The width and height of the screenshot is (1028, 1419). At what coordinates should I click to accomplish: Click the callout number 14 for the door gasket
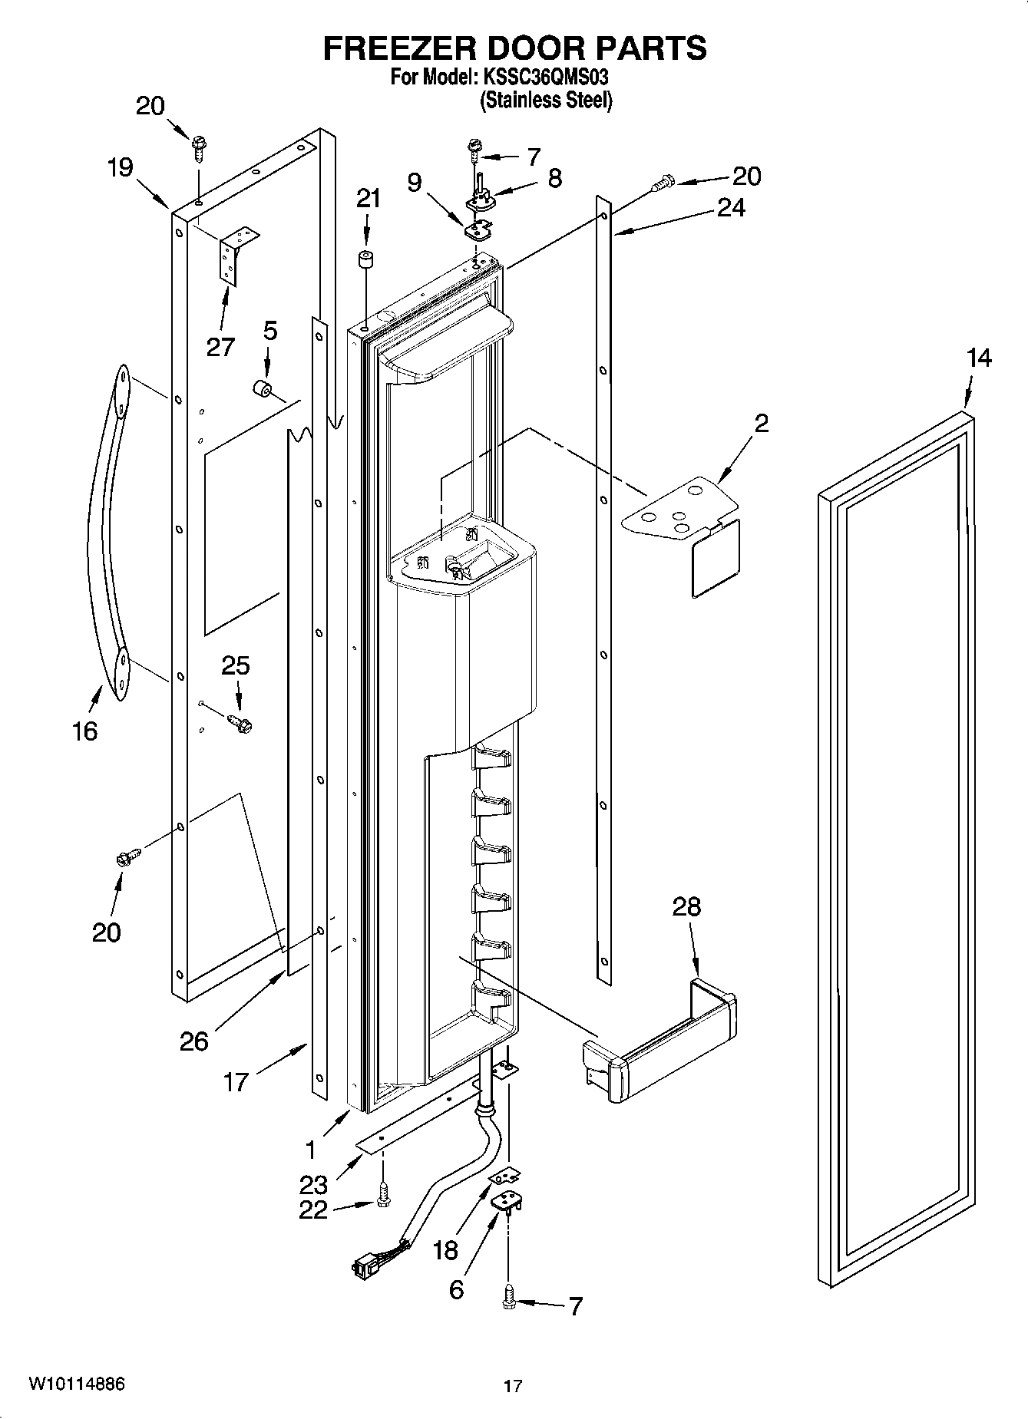pos(979,358)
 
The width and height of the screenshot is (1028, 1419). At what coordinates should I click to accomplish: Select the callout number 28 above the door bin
pos(686,906)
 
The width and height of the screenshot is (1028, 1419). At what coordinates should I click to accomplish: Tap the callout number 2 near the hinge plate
pos(761,423)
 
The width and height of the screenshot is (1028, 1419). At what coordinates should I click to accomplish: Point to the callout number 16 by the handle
pos(85,731)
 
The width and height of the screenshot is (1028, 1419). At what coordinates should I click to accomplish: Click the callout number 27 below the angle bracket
pos(220,347)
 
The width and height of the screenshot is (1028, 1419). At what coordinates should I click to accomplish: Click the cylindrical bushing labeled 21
pos(367,259)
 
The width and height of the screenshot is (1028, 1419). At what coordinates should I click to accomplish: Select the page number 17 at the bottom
pos(513,1386)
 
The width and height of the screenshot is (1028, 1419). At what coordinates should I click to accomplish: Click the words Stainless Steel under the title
pos(546,101)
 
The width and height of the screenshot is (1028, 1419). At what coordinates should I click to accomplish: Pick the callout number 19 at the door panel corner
pos(121,167)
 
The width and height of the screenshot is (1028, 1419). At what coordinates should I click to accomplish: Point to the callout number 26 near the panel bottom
pos(194,1041)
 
